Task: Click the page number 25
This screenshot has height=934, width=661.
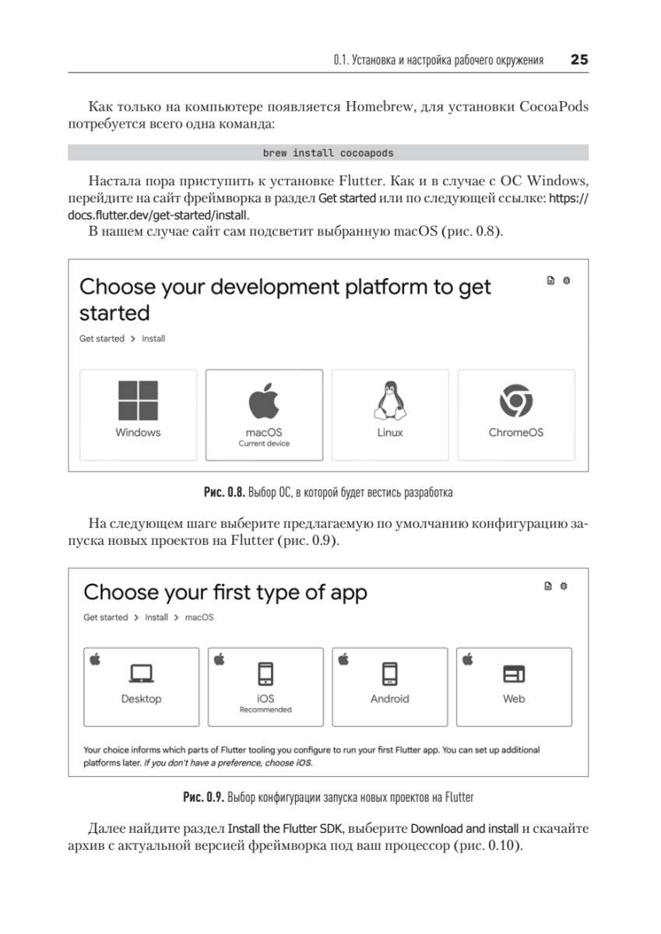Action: pos(579,60)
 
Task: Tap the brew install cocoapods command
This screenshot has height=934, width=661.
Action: pos(328,153)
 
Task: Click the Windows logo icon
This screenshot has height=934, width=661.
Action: pos(138,400)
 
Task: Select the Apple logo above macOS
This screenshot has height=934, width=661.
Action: pos(264,401)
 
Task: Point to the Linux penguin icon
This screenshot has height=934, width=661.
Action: pos(390,401)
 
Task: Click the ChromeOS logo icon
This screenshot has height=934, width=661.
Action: pos(515,401)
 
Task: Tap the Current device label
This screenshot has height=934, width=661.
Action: pos(264,444)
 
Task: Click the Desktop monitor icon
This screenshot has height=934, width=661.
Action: pos(141,673)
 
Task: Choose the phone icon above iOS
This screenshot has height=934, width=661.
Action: pos(265,673)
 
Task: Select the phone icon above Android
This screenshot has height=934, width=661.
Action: pos(390,673)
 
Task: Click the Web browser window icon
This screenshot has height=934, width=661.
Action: pos(514,673)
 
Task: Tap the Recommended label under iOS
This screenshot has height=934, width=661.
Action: pos(265,710)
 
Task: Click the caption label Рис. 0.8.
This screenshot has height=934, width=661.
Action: pos(225,493)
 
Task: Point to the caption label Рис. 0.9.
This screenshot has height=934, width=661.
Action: pos(204,798)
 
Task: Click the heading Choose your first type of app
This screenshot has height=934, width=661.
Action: pos(225,592)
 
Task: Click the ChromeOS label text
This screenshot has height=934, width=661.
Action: pos(515,433)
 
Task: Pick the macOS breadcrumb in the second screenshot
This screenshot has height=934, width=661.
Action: pos(199,617)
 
